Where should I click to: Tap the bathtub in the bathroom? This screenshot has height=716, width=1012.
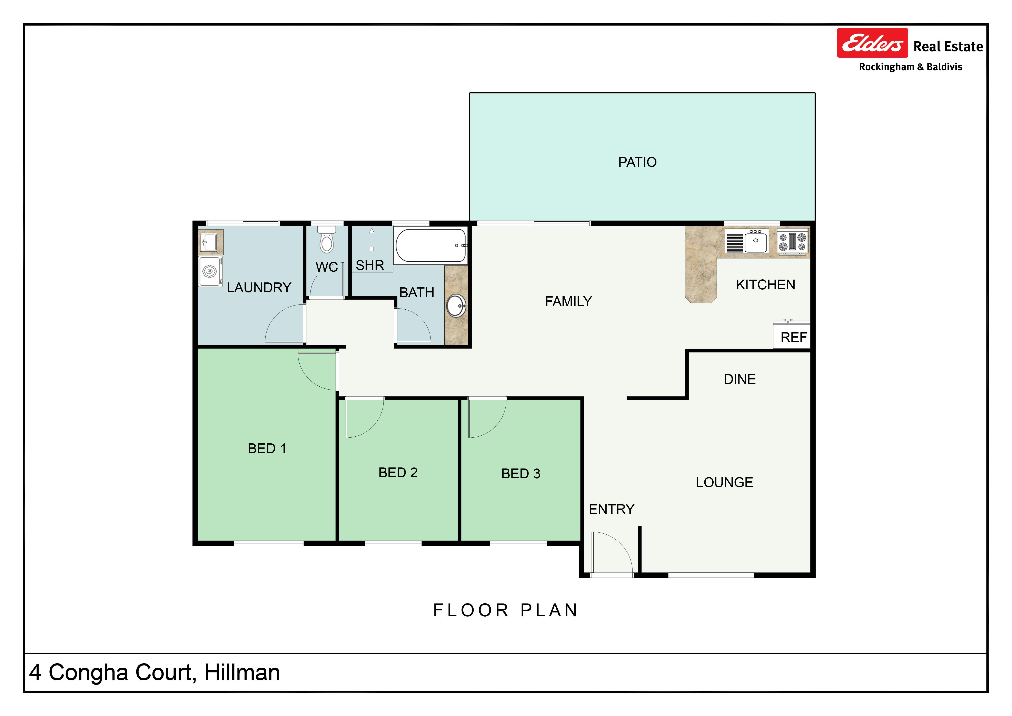(x=431, y=245)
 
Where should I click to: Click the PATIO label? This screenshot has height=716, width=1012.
(x=637, y=162)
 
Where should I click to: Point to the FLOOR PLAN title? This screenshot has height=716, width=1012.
(x=506, y=610)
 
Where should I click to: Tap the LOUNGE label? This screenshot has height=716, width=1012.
(x=724, y=482)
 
